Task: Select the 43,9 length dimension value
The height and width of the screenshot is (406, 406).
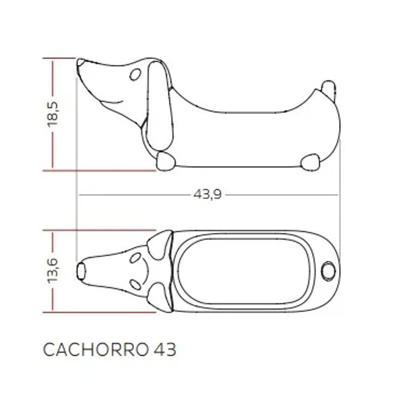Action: click(x=207, y=195)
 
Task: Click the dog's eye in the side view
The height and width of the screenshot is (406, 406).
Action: click(x=136, y=75)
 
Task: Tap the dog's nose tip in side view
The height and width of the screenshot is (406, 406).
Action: click(x=80, y=63)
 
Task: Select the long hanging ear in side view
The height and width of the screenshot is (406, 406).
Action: click(x=162, y=107)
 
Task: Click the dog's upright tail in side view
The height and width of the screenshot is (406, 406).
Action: click(x=328, y=89)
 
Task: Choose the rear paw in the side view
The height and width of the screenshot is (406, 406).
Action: click(x=310, y=162)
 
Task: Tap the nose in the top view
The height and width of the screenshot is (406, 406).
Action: click(x=81, y=271)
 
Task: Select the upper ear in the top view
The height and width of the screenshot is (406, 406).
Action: click(x=162, y=241)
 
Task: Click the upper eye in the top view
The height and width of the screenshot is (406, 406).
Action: click(x=135, y=258)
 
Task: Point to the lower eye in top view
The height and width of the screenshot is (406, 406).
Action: click(x=134, y=284)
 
